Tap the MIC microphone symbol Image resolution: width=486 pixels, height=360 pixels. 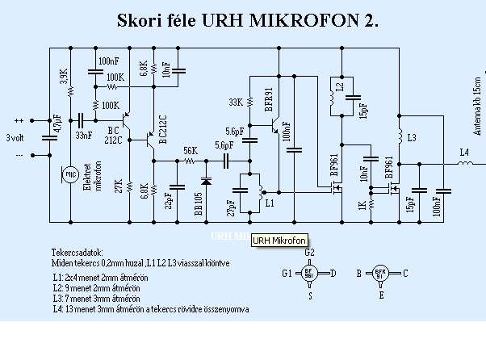[70, 174]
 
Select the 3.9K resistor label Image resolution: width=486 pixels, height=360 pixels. [64, 77]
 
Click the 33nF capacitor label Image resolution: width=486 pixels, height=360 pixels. [83, 135]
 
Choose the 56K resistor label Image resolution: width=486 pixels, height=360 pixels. [190, 151]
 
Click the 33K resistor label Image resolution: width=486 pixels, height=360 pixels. [236, 103]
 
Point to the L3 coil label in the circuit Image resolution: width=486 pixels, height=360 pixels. [412, 139]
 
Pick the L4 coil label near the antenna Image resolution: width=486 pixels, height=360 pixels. [463, 151]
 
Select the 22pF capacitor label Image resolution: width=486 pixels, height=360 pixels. [168, 199]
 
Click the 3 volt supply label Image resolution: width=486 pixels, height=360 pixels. [15, 136]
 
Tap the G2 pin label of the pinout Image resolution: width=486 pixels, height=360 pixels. [309, 253]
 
